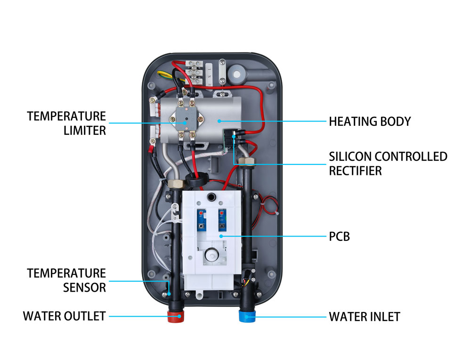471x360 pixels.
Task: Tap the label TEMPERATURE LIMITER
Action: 66,123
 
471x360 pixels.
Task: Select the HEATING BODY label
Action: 370,122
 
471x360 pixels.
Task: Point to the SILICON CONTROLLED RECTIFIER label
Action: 388,163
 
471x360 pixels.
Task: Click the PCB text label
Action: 339,237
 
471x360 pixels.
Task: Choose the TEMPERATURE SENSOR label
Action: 66,280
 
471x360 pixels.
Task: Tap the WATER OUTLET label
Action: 64,316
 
